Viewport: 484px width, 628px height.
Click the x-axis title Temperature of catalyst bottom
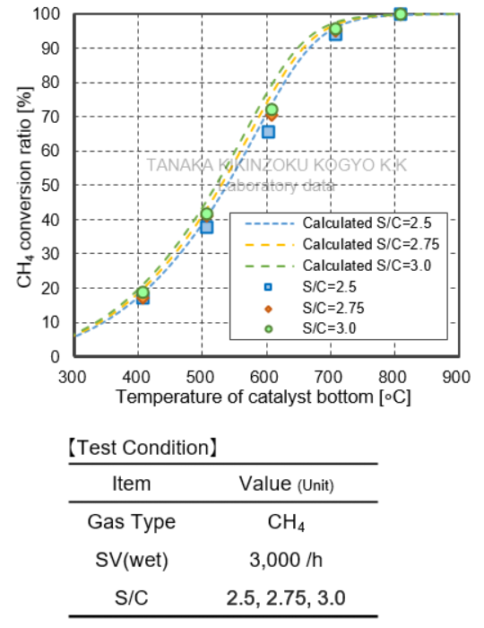[x=264, y=397]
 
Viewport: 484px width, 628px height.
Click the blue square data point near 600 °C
[x=268, y=132]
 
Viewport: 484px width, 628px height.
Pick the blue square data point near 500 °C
[x=206, y=227]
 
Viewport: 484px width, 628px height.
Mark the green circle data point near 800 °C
[x=400, y=13]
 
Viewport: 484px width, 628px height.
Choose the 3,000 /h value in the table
[x=287, y=561]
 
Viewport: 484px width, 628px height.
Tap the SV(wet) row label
[x=132, y=561]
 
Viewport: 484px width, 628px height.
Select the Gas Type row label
[x=132, y=522]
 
